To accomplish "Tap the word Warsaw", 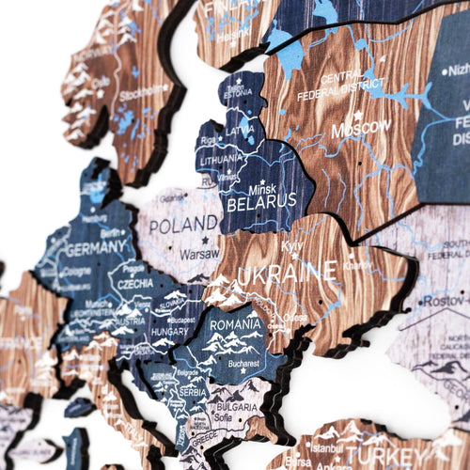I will [x=199, y=252].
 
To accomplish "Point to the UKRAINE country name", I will [x=287, y=274].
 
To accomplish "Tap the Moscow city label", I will [x=361, y=126].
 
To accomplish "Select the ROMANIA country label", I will [x=235, y=325].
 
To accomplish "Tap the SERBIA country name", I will [x=192, y=391].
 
